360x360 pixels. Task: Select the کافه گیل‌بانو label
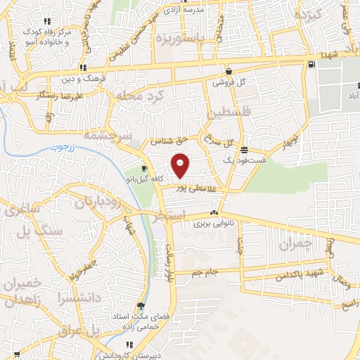143,179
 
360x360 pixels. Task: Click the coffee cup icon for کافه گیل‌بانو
144,169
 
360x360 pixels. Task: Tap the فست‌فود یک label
243,160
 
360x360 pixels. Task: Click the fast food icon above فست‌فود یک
244,150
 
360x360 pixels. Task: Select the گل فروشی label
231,82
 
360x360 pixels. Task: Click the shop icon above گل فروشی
229,71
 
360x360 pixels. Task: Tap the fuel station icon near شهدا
311,65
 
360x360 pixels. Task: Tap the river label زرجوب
60,148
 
